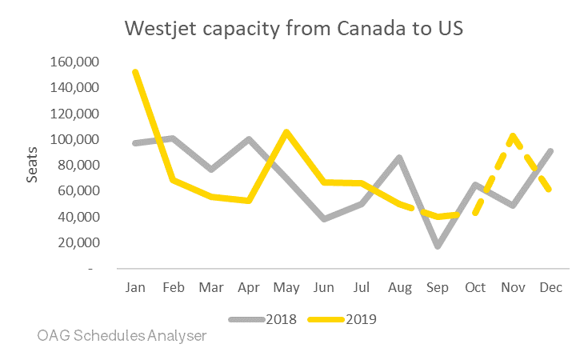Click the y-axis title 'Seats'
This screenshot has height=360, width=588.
coord(33,165)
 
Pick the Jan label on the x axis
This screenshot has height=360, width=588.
coord(135,287)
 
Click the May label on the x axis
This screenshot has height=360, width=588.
coord(286,287)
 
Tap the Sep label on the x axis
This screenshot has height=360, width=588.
coord(438,287)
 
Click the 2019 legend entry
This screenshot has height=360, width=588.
coord(360,319)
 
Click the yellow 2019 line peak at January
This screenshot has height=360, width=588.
coord(135,72)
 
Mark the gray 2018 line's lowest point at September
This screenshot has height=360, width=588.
coord(438,246)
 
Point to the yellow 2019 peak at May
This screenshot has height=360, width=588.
coord(286,132)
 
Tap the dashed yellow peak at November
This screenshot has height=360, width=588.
coord(513,135)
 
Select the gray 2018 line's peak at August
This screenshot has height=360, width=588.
coord(399,158)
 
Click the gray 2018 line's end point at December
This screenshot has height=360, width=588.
coord(550,150)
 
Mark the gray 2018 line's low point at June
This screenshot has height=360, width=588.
coord(324,218)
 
